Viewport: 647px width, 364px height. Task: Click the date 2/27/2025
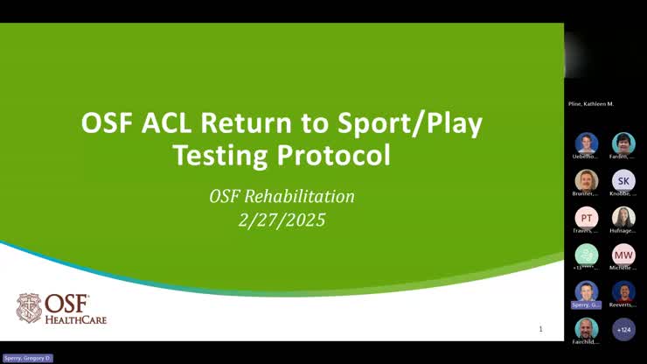(x=281, y=220)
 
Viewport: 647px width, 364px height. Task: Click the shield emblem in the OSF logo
(x=28, y=308)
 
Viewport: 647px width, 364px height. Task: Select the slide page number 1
(x=540, y=329)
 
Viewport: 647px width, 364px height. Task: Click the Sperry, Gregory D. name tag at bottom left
(x=27, y=358)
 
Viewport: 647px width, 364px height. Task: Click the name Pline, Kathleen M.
(x=591, y=104)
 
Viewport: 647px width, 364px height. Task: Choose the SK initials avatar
(x=623, y=180)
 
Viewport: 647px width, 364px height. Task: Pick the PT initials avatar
(x=587, y=217)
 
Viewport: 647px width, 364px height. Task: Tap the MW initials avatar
(x=623, y=254)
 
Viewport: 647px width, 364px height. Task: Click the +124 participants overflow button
(x=623, y=329)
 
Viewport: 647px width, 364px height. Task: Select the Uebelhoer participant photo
(x=587, y=143)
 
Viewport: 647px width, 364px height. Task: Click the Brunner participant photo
(x=587, y=180)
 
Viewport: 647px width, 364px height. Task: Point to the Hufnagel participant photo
(x=623, y=217)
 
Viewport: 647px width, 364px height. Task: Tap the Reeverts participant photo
(x=623, y=291)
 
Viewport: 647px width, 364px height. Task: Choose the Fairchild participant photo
(x=587, y=329)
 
